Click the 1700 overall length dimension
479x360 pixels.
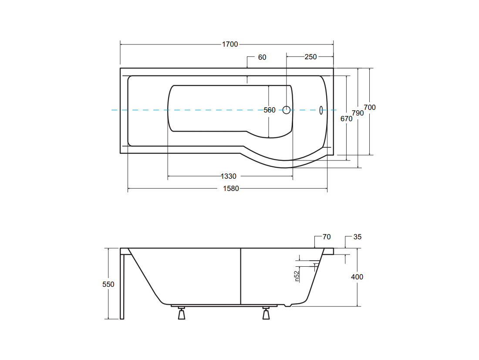230,44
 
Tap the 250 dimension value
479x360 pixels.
310,57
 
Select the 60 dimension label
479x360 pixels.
262,57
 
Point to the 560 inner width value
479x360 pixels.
270,110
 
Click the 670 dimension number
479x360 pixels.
347,119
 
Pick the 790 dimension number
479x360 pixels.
358,113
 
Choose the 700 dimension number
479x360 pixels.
370,107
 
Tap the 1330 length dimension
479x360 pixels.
229,176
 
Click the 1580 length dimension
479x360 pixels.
231,188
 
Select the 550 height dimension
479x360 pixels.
108,285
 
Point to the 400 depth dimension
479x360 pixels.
357,277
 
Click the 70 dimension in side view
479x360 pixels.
327,237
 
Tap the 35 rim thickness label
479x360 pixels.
358,237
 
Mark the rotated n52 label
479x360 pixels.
297,276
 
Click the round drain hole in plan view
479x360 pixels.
286,110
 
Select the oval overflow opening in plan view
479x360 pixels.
321,110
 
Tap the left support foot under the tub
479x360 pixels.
182,313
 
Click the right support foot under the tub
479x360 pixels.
266,313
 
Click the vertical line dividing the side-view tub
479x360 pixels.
241,276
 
